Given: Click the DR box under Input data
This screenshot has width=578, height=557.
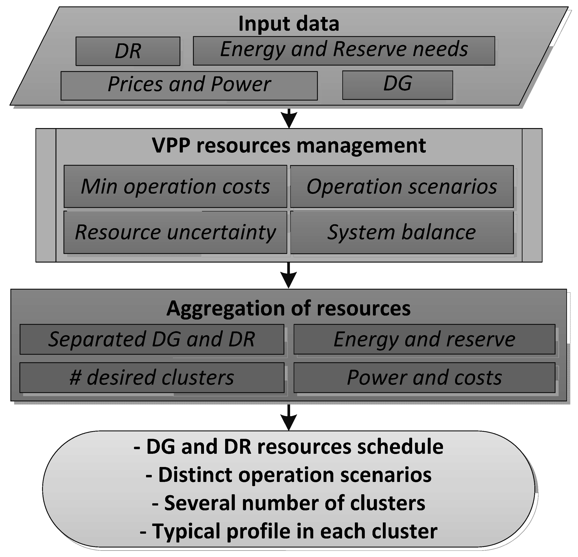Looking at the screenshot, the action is (x=128, y=51).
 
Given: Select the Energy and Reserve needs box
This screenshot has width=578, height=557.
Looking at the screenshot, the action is (x=344, y=51).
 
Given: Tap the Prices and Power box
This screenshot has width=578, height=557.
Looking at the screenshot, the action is (x=189, y=86).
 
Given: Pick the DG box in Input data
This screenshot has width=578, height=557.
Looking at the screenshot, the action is (x=398, y=85).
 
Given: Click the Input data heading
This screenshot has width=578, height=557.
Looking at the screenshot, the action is (x=289, y=24).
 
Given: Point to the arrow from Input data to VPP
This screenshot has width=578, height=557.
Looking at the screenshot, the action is (x=289, y=118).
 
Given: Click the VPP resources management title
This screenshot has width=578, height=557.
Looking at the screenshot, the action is (x=289, y=145).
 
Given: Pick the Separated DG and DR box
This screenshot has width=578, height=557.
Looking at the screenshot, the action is (x=152, y=339).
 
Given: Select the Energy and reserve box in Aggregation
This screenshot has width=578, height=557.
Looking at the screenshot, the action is (x=424, y=339).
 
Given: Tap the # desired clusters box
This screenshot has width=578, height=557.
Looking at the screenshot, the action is (x=152, y=378).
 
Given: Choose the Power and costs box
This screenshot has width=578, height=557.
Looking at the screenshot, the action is (x=424, y=378).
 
